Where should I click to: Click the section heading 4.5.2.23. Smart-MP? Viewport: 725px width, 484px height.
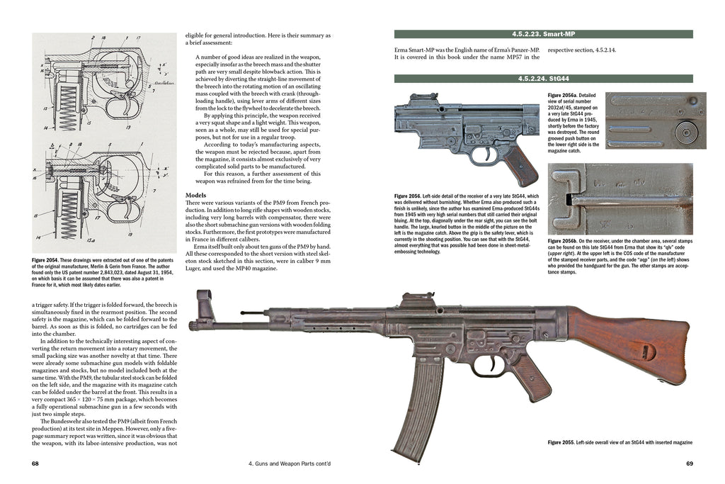pos(542,34)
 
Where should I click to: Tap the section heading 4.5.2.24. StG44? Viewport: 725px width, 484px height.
pos(542,78)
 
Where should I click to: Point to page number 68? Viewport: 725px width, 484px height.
pos(35,464)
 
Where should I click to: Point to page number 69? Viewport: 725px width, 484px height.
pos(689,464)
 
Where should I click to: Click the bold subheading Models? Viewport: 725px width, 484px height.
pos(196,194)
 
